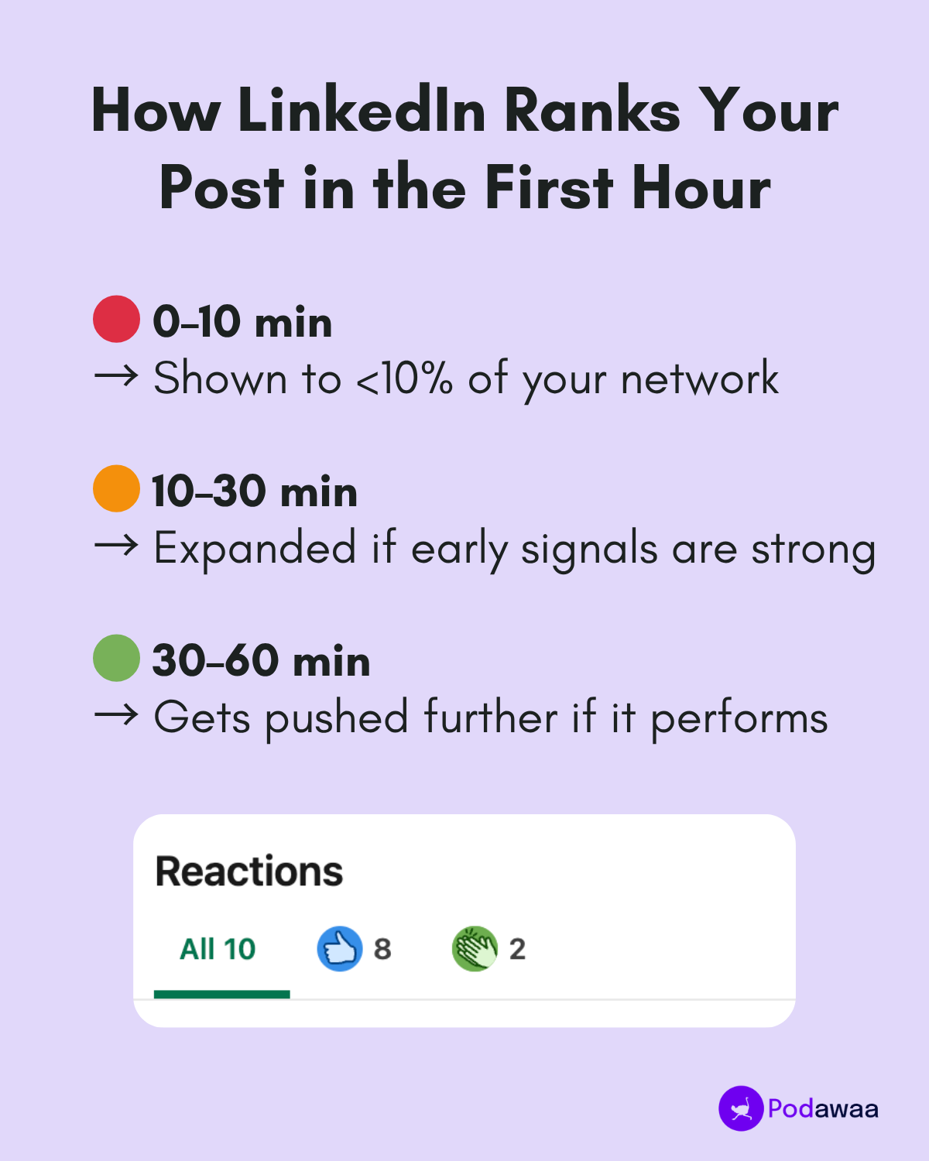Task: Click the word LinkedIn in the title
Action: pyautogui.click(x=362, y=110)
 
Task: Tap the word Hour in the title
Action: pyautogui.click(x=701, y=187)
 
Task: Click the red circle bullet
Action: pyautogui.click(x=116, y=319)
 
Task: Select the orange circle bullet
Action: pyautogui.click(x=116, y=488)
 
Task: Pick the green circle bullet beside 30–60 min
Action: pyautogui.click(x=116, y=658)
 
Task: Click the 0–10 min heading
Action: pyautogui.click(x=242, y=321)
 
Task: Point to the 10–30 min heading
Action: pyautogui.click(x=255, y=491)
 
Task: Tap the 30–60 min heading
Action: pyautogui.click(x=261, y=660)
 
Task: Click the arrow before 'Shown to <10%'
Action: pyautogui.click(x=116, y=377)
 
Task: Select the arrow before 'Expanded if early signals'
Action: pyautogui.click(x=116, y=546)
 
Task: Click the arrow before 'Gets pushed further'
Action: pyautogui.click(x=116, y=716)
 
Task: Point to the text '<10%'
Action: pyautogui.click(x=403, y=378)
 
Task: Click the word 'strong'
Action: pyautogui.click(x=813, y=550)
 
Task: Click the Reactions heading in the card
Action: pyautogui.click(x=249, y=872)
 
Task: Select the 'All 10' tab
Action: pyautogui.click(x=218, y=949)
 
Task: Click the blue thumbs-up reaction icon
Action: pyautogui.click(x=340, y=949)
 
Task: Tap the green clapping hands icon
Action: pyautogui.click(x=475, y=949)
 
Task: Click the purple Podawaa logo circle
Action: pyautogui.click(x=741, y=1108)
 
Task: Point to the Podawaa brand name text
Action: pyautogui.click(x=823, y=1109)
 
